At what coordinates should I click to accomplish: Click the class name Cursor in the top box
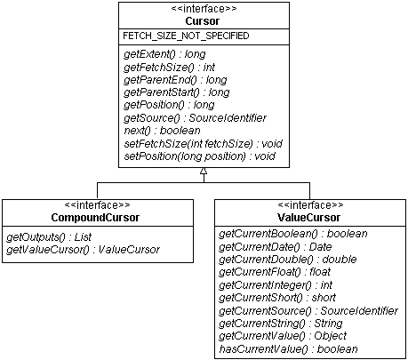204,20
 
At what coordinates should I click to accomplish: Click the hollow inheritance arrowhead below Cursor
204,176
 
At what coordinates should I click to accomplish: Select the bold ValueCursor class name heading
306,217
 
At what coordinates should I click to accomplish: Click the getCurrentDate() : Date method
276,245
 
